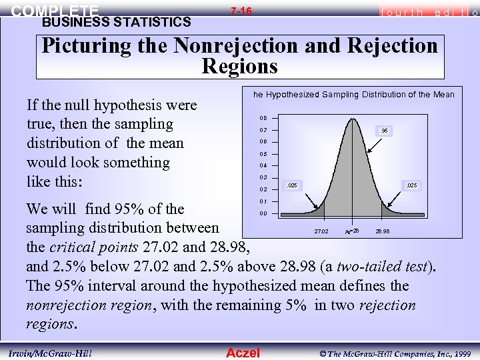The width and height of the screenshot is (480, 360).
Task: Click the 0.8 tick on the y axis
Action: pyautogui.click(x=263, y=118)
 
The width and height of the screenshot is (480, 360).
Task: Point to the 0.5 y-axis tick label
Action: pyautogui.click(x=263, y=154)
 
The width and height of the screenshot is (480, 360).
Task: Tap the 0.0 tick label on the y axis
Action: pyautogui.click(x=263, y=214)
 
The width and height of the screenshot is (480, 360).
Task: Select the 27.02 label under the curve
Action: pyautogui.click(x=321, y=231)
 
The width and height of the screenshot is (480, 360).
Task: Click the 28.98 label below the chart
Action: pyautogui.click(x=383, y=231)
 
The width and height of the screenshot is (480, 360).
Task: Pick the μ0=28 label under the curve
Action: pyautogui.click(x=352, y=231)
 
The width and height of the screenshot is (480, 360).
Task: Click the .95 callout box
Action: pyautogui.click(x=384, y=131)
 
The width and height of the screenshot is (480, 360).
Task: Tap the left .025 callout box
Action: pyautogui.click(x=291, y=185)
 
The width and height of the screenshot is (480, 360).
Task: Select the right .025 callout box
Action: pyautogui.click(x=411, y=185)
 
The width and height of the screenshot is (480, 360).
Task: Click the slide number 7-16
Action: pyautogui.click(x=241, y=11)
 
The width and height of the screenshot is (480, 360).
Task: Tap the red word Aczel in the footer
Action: pyautogui.click(x=243, y=353)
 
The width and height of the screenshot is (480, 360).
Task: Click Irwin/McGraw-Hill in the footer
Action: pyautogui.click(x=51, y=353)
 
